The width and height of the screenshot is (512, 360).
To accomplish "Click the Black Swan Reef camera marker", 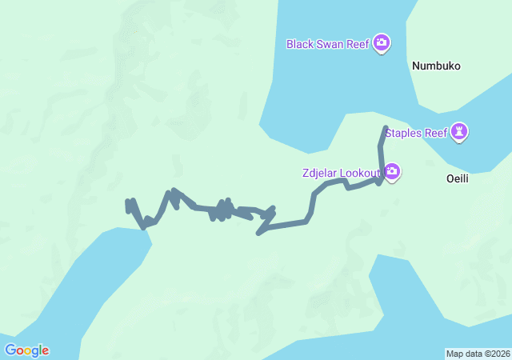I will click(x=382, y=42).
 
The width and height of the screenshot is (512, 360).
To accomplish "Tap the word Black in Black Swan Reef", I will click(x=302, y=43).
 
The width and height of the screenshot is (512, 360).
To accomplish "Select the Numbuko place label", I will click(x=436, y=66).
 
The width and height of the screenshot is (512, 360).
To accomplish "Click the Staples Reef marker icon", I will click(x=459, y=130).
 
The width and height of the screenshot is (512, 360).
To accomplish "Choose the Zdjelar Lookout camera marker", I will click(x=392, y=171).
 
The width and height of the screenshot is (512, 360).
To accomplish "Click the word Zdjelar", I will click(x=321, y=172).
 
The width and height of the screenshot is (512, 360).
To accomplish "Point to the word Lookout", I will click(x=361, y=172).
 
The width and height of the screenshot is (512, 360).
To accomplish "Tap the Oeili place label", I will click(x=457, y=179).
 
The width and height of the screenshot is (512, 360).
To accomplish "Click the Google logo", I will click(x=26, y=350).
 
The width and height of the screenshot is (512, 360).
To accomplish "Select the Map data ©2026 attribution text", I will click(x=477, y=354).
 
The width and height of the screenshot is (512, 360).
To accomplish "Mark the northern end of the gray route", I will click(x=386, y=128).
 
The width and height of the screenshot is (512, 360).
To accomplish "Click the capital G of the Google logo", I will click(x=11, y=350).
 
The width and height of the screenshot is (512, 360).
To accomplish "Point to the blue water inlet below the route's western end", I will click(x=88, y=280).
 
